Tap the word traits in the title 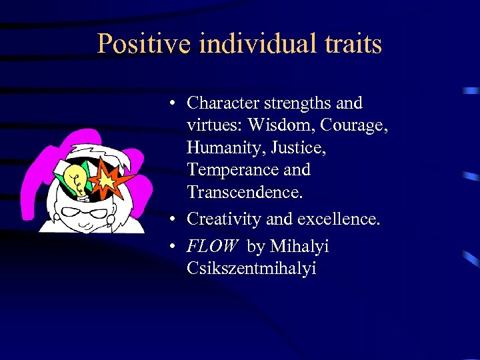tap(353, 45)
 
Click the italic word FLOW tap(212, 247)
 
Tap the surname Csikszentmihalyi tap(251, 269)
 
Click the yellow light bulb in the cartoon tap(75, 181)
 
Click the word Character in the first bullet tap(223, 103)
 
